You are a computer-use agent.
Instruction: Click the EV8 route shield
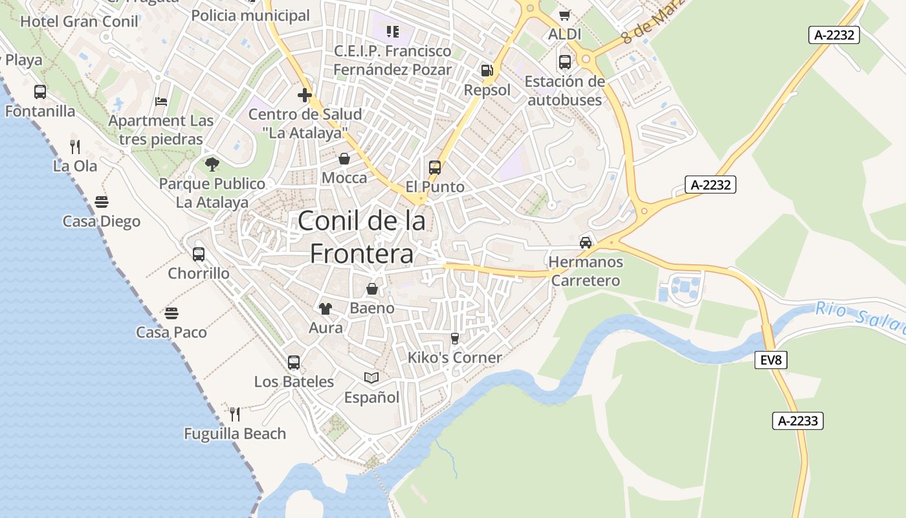coord(771,360)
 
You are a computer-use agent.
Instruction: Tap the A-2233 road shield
coord(797,421)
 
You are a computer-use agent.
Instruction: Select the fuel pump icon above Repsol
coord(487,70)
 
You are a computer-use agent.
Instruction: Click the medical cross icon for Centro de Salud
coord(305,96)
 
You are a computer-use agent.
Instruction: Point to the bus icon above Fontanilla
coord(40,92)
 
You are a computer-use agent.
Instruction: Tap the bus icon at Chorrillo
coord(199,254)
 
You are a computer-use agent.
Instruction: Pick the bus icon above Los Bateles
coord(294,363)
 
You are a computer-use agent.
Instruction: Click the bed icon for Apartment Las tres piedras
coord(161,102)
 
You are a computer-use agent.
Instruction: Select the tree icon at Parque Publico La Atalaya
coord(212,164)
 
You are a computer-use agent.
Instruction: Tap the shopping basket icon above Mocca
coord(344,159)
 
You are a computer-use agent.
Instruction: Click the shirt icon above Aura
coord(325,309)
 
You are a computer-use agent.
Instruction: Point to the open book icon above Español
coord(371,377)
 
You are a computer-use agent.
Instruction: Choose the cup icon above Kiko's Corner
coord(454,338)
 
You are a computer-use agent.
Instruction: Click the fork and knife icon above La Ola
coord(75,146)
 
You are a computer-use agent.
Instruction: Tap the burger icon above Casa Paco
coord(171,313)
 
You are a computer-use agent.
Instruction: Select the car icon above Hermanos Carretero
coord(586,242)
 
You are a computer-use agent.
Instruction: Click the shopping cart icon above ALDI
coord(564,15)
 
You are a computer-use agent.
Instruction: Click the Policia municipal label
coord(250,16)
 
